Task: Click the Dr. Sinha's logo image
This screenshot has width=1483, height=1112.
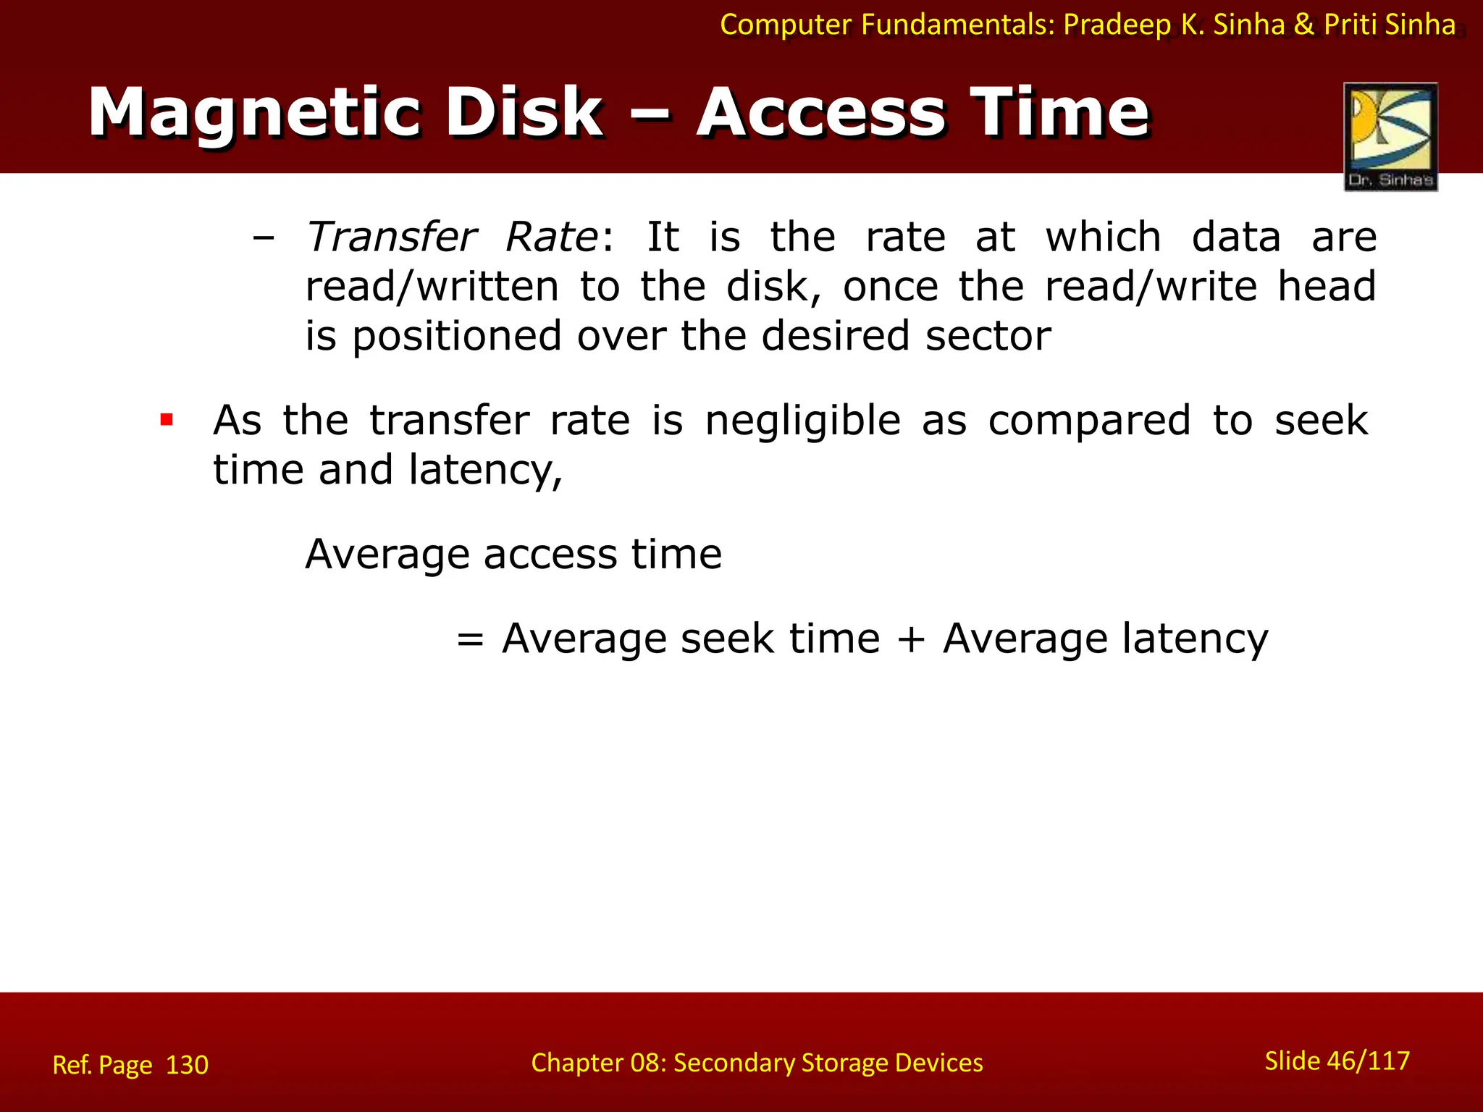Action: click(1390, 136)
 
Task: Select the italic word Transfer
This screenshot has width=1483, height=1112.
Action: click(391, 237)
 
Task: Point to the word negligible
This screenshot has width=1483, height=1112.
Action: click(802, 421)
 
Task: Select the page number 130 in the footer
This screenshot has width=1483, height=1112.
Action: click(187, 1065)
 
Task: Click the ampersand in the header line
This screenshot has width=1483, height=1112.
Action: click(1303, 25)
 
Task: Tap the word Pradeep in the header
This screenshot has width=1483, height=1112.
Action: click(1117, 25)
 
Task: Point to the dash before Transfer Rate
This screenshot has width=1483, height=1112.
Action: click(264, 238)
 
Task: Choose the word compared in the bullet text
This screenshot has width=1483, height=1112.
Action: click(1089, 421)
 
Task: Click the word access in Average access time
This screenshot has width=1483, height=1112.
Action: click(550, 555)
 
